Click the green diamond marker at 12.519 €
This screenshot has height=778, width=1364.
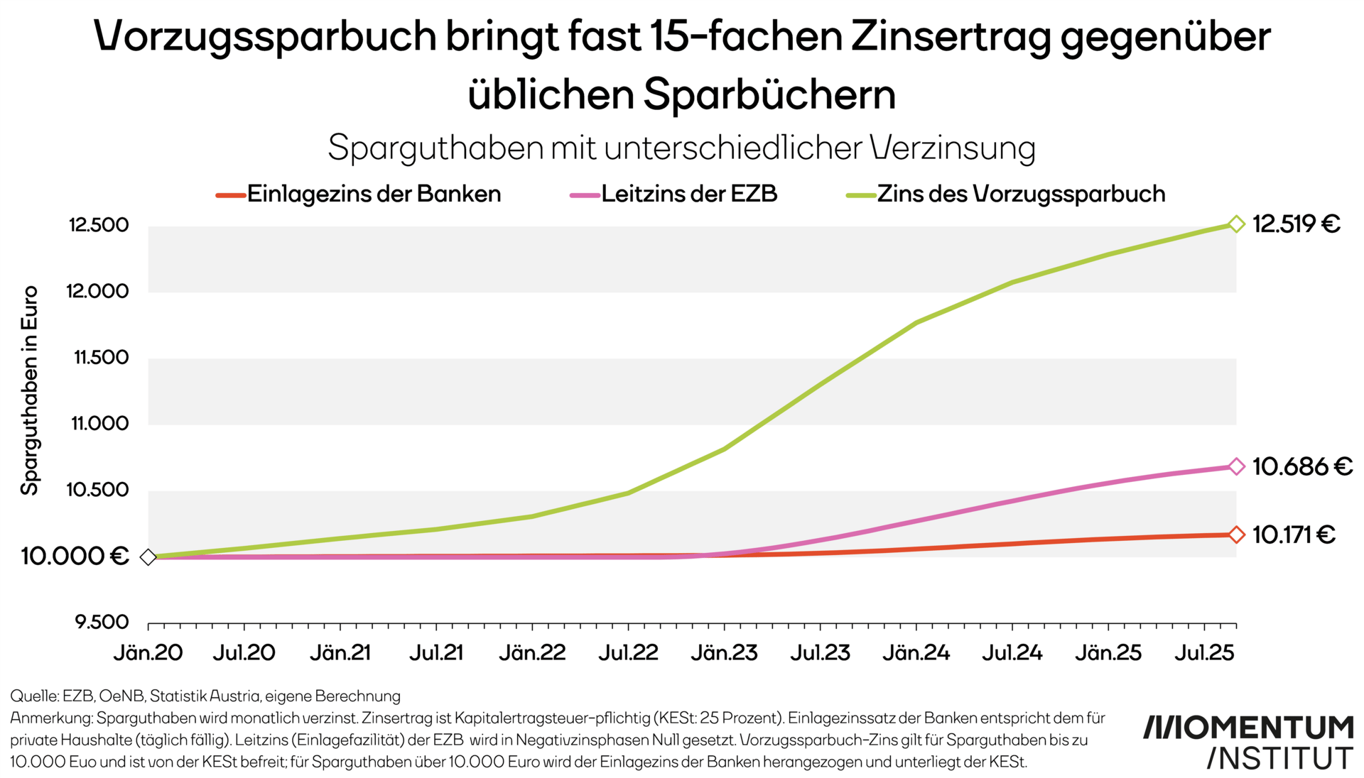[1236, 224]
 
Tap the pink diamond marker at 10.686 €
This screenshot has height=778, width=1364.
[1236, 466]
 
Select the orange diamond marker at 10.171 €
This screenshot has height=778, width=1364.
[1236, 535]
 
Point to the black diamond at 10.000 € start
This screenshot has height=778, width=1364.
[148, 557]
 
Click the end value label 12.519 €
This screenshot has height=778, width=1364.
[1296, 224]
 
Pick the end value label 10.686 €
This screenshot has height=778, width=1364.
[1301, 466]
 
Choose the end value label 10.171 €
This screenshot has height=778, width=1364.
[1294, 535]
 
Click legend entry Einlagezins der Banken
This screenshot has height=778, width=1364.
[374, 194]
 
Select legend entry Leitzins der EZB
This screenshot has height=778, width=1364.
[688, 194]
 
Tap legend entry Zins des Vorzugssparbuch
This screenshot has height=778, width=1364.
[1021, 194]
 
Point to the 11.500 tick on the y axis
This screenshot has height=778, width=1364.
[102, 357]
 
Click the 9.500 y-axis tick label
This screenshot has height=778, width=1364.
[102, 623]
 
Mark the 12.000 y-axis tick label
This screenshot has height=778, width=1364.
[98, 291]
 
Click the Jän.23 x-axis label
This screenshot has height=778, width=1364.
[724, 652]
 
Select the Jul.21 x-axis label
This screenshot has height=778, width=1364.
[435, 652]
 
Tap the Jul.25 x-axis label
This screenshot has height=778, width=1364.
[1204, 652]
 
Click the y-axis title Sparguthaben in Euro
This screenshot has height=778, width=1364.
[29, 390]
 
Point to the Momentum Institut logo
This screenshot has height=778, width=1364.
[1247, 743]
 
